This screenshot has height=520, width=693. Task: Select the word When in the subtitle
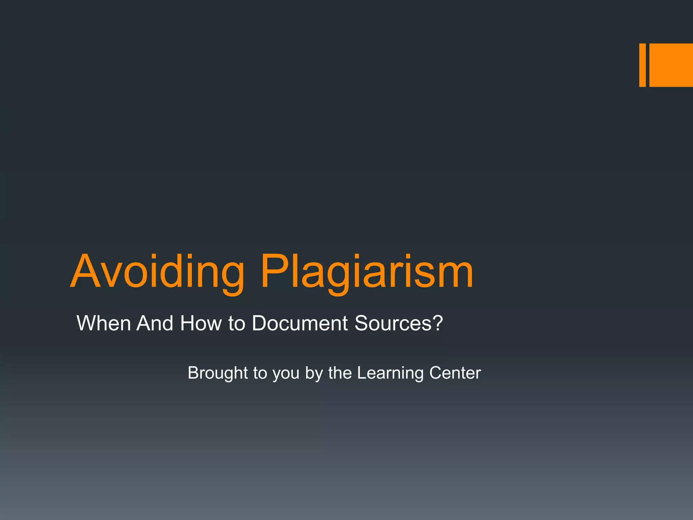104,323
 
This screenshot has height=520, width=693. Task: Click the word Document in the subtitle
300,323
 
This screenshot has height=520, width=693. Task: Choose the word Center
455,373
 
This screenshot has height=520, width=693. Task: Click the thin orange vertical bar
642,65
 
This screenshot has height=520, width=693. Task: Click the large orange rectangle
671,65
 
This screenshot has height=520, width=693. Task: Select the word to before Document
236,324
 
